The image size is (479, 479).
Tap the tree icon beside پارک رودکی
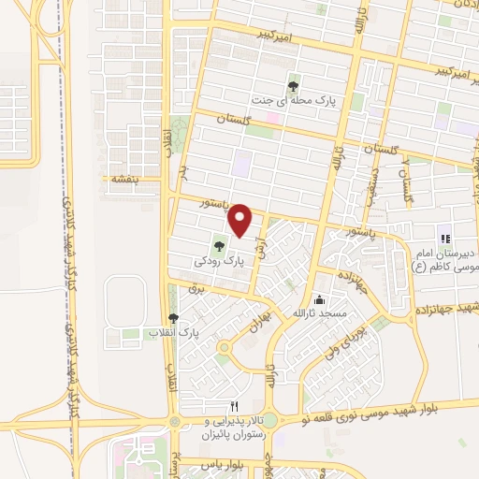pos(219,247)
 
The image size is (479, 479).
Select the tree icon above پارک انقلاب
pos(172,319)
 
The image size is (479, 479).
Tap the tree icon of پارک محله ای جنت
pos(296,83)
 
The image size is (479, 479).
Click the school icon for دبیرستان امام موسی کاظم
pos(444,239)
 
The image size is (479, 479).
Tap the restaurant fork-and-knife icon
pos(235,406)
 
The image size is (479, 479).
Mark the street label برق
pos(196,291)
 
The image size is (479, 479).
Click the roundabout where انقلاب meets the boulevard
pos(174,423)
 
